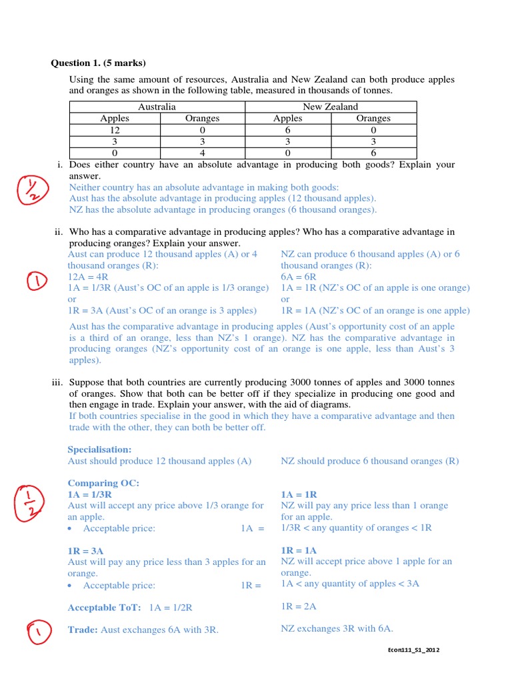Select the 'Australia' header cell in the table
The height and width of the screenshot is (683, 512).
click(157, 107)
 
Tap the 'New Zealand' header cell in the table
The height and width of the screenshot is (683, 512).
click(331, 107)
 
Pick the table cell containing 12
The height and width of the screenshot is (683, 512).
click(115, 129)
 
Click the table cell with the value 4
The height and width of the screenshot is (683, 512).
click(203, 152)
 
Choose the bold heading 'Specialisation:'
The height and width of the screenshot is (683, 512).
click(99, 450)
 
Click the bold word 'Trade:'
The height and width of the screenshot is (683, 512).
click(83, 630)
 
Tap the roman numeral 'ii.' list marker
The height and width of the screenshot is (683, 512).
click(58, 232)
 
